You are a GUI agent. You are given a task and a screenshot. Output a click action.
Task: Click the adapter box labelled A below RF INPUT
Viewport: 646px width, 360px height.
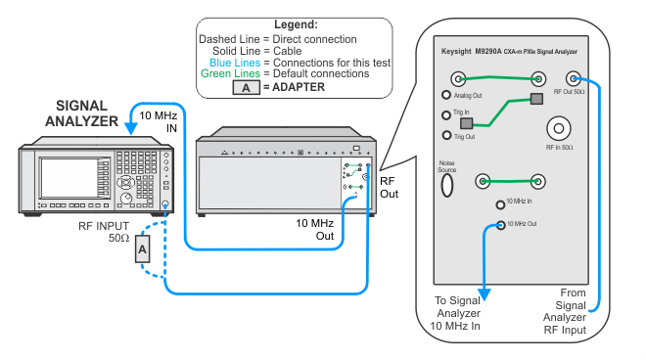[x=143, y=248]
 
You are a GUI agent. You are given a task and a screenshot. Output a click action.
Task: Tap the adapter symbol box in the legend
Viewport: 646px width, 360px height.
[x=246, y=87]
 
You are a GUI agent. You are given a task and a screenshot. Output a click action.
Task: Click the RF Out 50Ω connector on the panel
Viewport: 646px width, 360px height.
[x=573, y=78]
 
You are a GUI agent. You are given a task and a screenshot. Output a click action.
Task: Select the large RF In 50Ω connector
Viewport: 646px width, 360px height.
[x=559, y=128]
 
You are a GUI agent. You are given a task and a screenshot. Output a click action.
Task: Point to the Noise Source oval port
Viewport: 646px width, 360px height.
[x=447, y=185]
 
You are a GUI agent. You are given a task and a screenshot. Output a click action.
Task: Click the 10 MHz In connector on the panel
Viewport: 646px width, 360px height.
[x=500, y=204]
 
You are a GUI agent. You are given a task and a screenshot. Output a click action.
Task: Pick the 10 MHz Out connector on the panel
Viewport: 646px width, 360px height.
[x=500, y=225]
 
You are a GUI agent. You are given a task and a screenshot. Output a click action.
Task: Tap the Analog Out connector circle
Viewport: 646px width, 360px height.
[x=445, y=95]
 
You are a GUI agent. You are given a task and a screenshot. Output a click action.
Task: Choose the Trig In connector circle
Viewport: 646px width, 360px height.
[x=445, y=114]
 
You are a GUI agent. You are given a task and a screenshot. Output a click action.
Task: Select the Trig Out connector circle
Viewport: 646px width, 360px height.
[x=446, y=135]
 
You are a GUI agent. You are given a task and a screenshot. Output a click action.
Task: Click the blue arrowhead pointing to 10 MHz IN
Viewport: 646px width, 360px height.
[x=131, y=128]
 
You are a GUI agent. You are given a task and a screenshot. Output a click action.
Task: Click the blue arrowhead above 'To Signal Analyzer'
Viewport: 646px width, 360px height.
[x=484, y=294]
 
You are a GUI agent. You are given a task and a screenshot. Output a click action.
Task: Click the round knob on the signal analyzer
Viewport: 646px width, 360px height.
[x=126, y=199]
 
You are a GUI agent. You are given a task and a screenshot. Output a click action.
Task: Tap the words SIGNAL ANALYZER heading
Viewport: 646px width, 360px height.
[x=81, y=113]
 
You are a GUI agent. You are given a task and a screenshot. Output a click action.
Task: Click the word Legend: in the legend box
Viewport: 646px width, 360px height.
[x=296, y=24]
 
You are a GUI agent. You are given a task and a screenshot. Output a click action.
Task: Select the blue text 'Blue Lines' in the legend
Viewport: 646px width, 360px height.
[x=235, y=63]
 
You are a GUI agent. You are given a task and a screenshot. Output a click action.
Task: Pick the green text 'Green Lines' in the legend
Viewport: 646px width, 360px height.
[x=230, y=73]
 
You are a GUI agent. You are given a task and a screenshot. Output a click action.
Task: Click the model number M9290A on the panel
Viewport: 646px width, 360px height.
[x=488, y=52]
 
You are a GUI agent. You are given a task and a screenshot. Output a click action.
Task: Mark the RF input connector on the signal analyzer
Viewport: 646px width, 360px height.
[x=165, y=203]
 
